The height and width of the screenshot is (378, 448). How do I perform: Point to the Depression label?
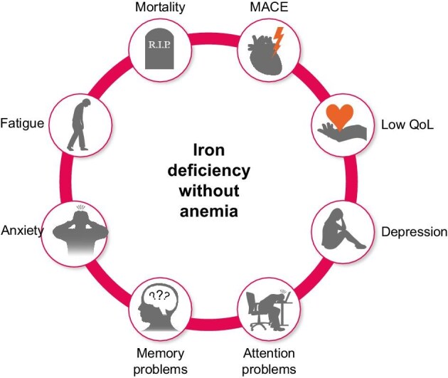click(414, 232)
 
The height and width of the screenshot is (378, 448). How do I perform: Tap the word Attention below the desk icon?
click(269, 354)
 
